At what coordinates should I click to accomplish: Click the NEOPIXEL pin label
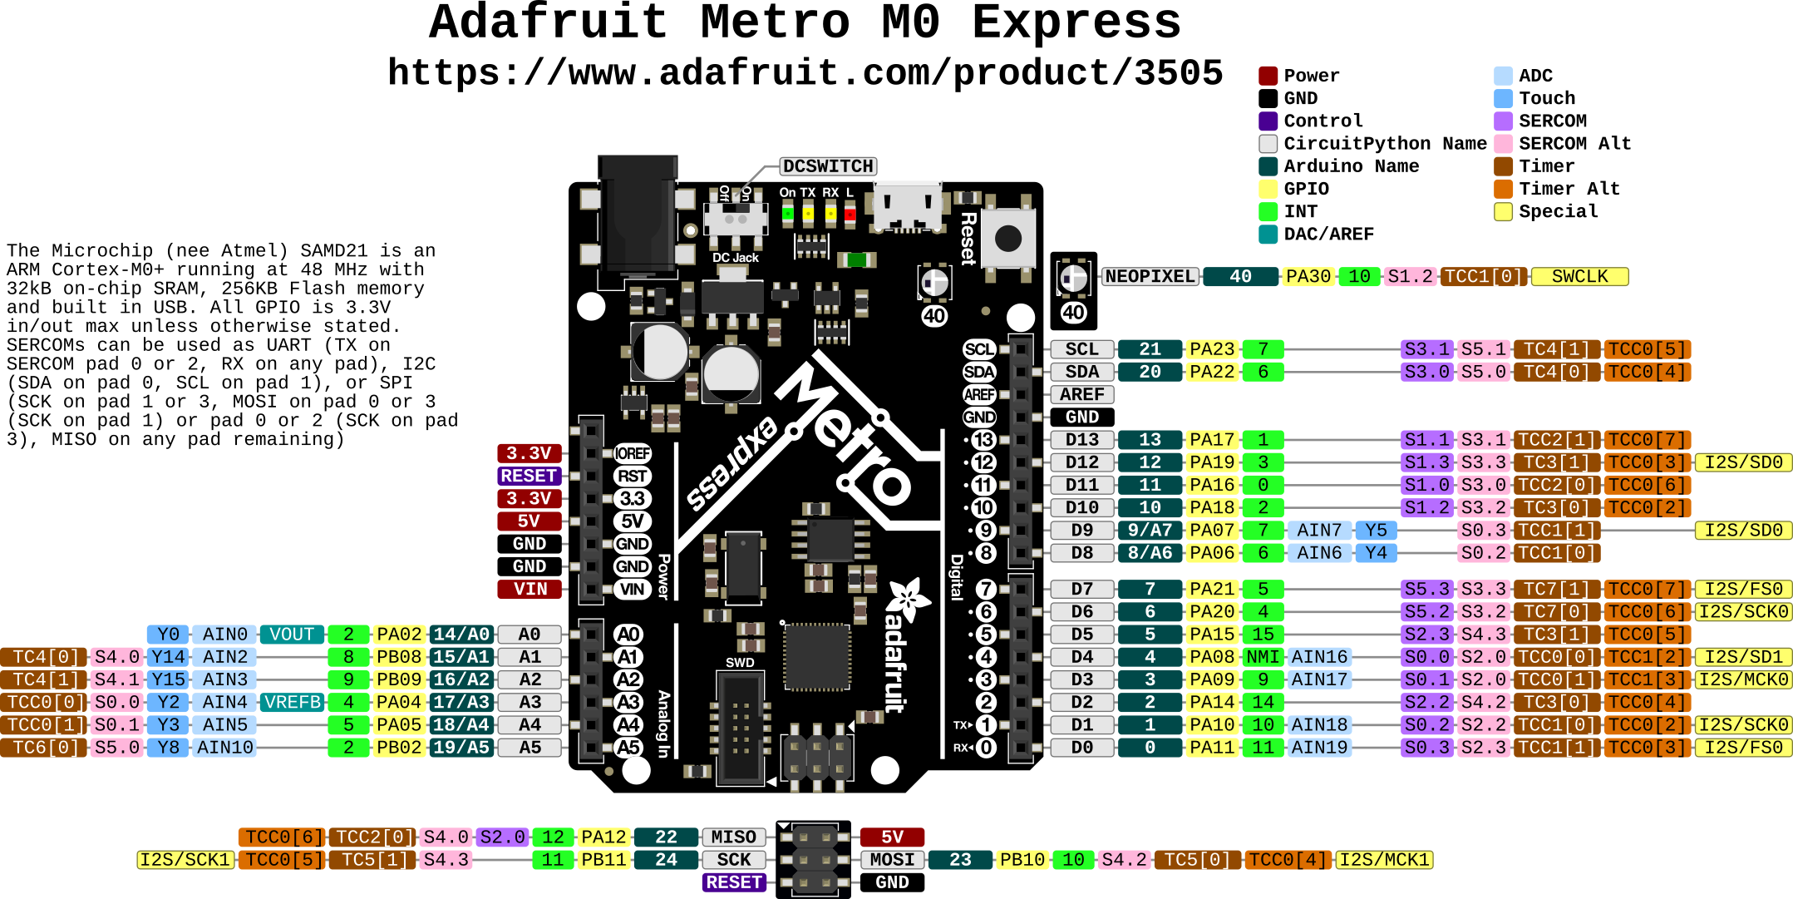[1150, 277]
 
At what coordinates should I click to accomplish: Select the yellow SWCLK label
[1579, 277]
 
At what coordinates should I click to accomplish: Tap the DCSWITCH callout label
[828, 166]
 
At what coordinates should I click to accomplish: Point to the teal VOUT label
[292, 635]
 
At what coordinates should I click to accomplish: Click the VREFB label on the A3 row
[292, 703]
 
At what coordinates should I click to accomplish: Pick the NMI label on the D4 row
[1263, 657]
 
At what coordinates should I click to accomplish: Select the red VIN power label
[530, 589]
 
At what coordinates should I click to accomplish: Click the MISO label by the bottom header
[733, 837]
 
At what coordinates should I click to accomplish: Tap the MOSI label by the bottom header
[892, 860]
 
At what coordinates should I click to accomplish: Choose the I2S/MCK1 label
[1384, 860]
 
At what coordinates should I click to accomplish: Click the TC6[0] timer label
[43, 748]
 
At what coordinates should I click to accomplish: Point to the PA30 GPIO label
[1308, 277]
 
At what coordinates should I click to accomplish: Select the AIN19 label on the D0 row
[1319, 748]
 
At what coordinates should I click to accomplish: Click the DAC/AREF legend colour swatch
[1268, 235]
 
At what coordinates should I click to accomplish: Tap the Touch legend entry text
[1547, 98]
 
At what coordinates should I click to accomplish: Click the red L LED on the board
[850, 214]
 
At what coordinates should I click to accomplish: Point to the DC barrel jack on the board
[638, 216]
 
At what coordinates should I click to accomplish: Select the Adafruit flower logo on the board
[908, 599]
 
